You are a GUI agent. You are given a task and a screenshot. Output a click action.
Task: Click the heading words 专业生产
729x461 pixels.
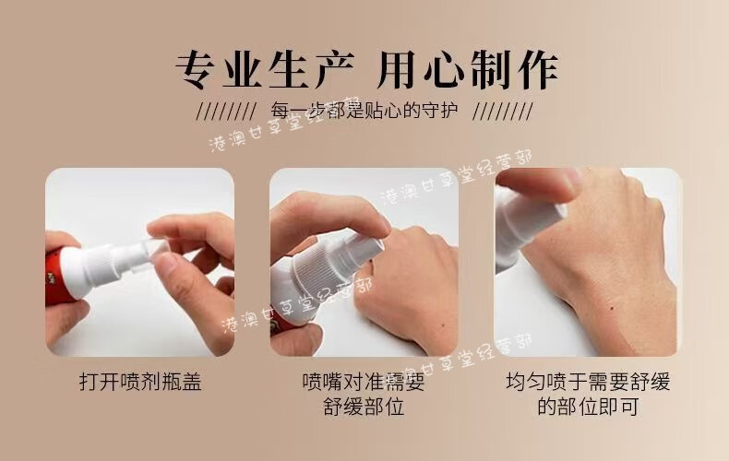(265, 70)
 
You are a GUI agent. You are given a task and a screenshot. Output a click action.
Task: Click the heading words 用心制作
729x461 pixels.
(467, 70)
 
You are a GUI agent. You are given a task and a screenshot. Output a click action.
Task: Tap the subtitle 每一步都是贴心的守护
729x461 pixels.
(364, 111)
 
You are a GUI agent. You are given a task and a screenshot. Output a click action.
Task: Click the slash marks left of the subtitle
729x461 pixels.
(226, 112)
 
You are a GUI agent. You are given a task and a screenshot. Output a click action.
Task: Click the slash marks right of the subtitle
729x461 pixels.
(503, 112)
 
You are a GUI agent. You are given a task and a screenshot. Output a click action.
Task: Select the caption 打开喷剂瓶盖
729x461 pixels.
(140, 382)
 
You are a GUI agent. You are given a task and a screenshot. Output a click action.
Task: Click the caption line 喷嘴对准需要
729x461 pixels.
(364, 382)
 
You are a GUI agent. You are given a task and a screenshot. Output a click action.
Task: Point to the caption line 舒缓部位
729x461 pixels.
(364, 407)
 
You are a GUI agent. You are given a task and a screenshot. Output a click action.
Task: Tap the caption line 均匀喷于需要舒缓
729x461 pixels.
(588, 382)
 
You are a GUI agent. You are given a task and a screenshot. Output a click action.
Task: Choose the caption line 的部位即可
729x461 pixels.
(588, 407)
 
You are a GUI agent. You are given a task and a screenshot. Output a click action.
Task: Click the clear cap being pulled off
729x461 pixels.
(149, 254)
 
